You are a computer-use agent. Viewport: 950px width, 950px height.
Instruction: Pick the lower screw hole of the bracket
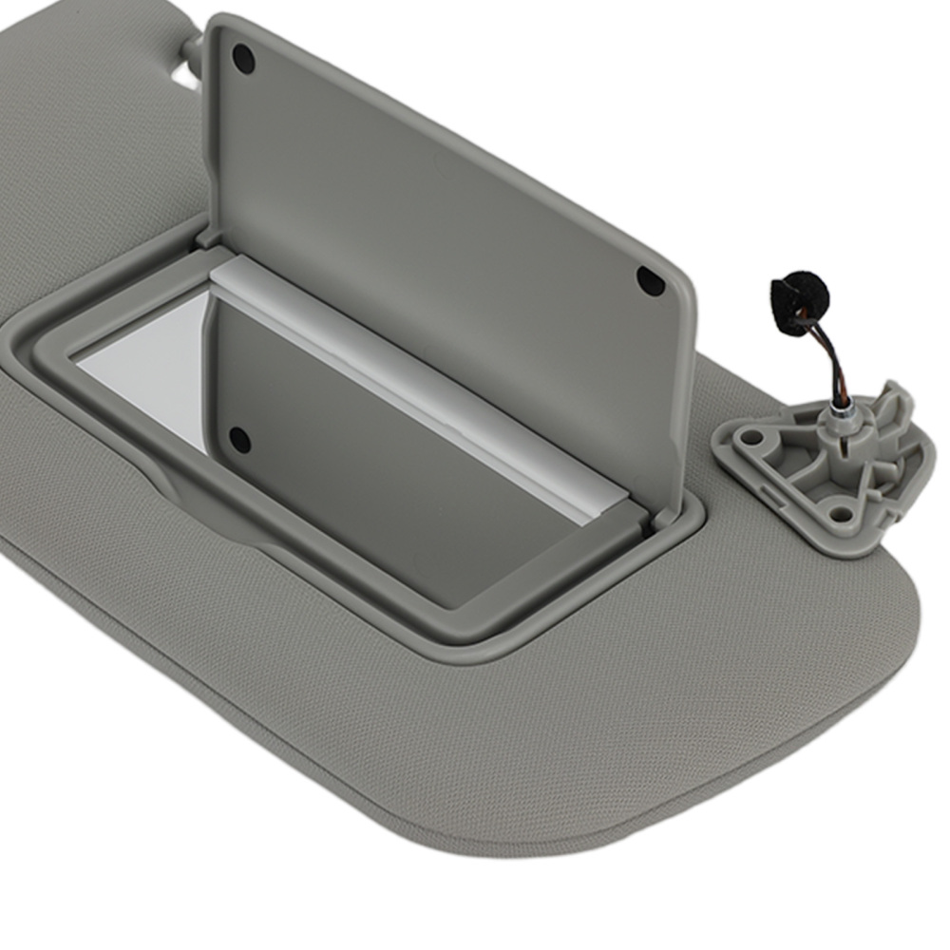click(x=840, y=514)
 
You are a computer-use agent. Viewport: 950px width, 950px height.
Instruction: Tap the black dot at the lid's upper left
click(x=243, y=59)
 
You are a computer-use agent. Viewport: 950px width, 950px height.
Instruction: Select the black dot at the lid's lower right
click(x=650, y=279)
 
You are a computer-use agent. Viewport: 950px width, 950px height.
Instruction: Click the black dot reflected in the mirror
click(x=239, y=439)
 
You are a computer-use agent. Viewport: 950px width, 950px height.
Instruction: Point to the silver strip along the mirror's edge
click(x=418, y=380)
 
